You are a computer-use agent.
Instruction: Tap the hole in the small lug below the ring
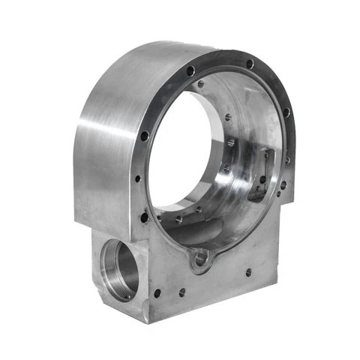[201, 259]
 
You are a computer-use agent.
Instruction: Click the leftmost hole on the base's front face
[157, 293]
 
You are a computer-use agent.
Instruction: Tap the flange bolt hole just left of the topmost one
[190, 70]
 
